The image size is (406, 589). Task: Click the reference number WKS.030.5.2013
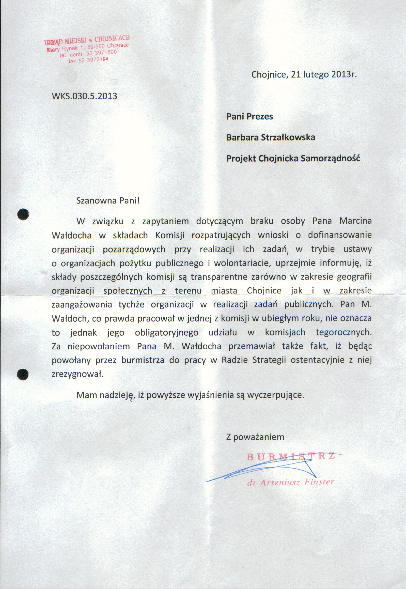pyautogui.click(x=84, y=96)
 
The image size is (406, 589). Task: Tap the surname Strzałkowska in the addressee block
pyautogui.click(x=288, y=137)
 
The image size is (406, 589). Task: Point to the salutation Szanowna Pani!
pyautogui.click(x=108, y=200)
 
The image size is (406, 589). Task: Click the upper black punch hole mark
pyautogui.click(x=23, y=214)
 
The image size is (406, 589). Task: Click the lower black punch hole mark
pyautogui.click(x=23, y=375)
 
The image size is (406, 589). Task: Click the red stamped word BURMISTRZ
pyautogui.click(x=290, y=457)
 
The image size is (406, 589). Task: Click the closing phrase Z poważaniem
pyautogui.click(x=255, y=437)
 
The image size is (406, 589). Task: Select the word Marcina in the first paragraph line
pyautogui.click(x=355, y=221)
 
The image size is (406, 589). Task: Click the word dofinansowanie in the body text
pyautogui.click(x=340, y=235)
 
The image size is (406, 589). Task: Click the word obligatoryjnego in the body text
pyautogui.click(x=167, y=333)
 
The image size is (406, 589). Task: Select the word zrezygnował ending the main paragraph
pyautogui.click(x=77, y=374)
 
